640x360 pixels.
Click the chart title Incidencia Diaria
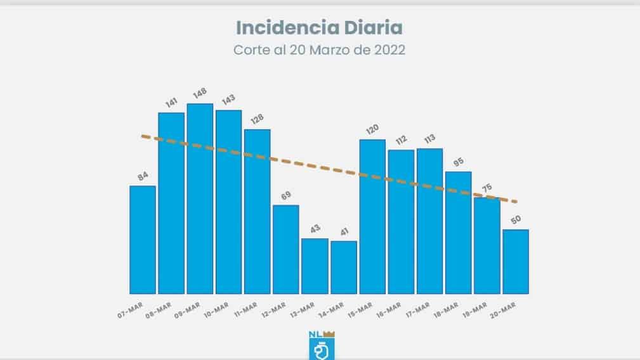(x=319, y=28)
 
